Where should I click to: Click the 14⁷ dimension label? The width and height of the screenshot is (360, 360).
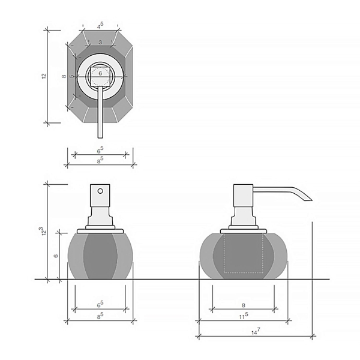click(256, 331)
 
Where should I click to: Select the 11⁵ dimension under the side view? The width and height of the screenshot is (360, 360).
click(244, 316)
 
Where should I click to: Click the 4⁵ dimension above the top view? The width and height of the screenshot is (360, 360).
click(100, 25)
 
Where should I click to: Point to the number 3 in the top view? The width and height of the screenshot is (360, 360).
click(100, 42)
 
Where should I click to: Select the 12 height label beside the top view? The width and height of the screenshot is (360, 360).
click(44, 76)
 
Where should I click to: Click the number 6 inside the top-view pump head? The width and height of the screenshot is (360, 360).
click(100, 73)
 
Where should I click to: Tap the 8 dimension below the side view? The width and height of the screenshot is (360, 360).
click(244, 305)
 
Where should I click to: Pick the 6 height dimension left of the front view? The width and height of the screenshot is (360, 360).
click(56, 256)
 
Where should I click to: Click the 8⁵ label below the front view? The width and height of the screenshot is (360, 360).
click(100, 316)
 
